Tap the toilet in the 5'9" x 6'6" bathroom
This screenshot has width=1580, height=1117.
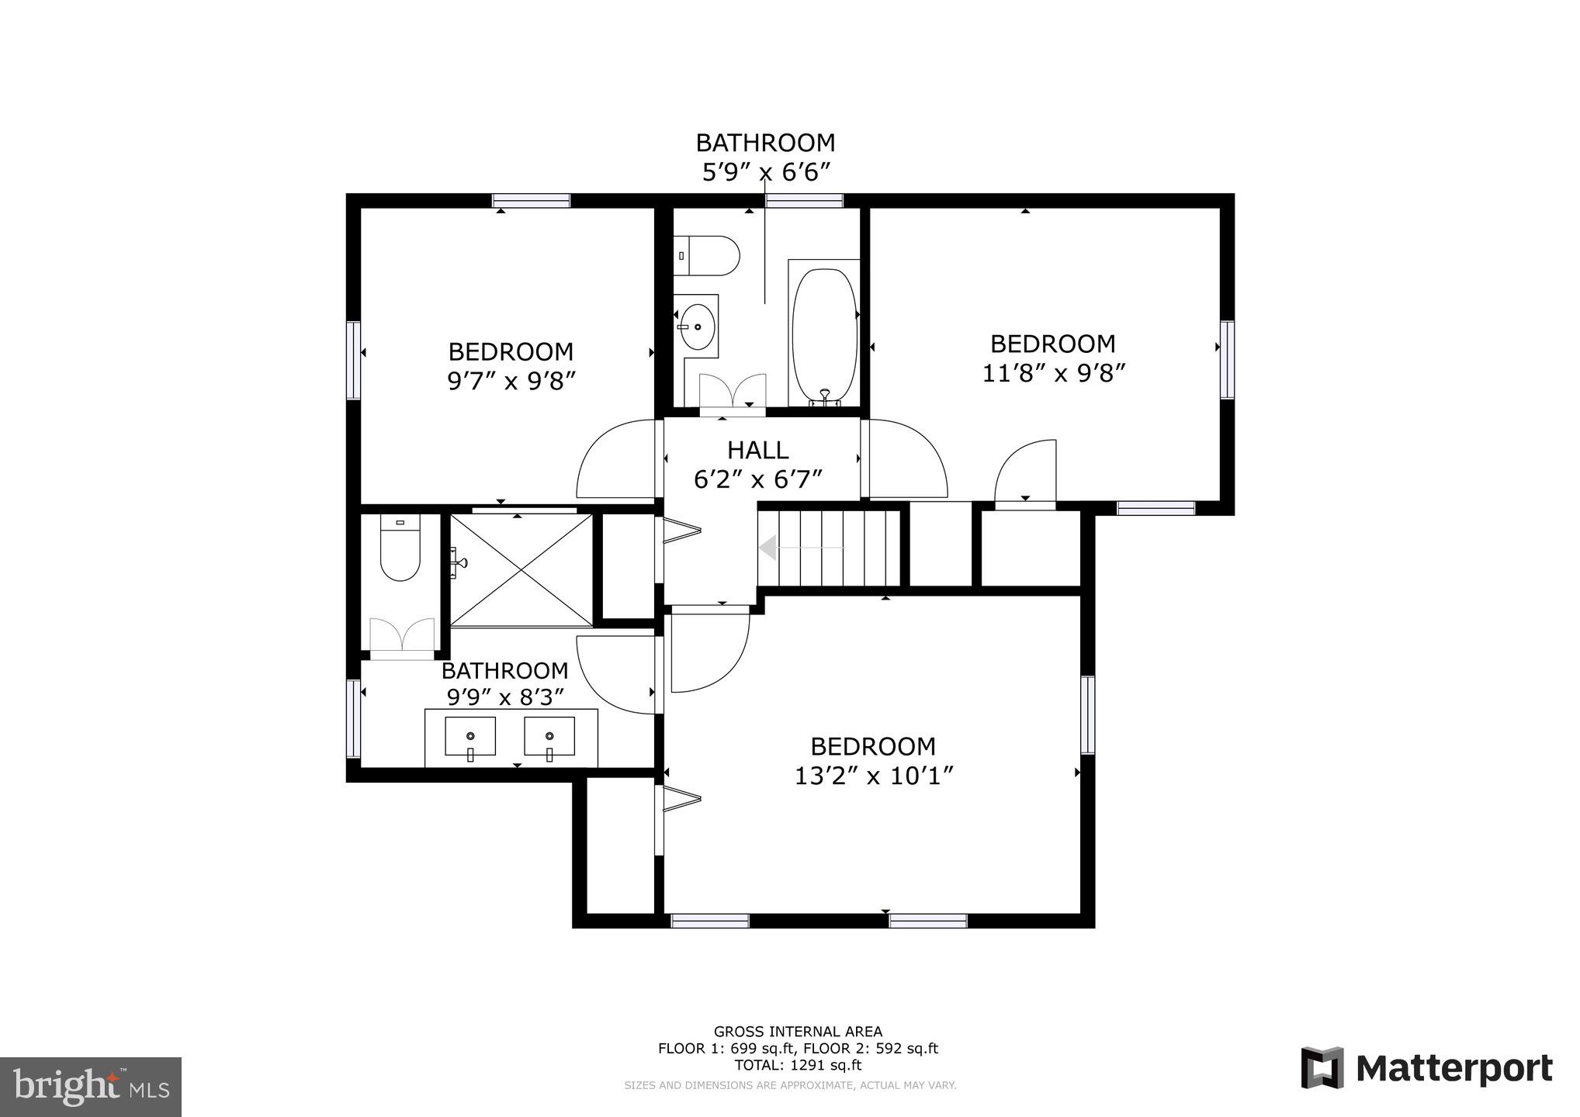point(708,255)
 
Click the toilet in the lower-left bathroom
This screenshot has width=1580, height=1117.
point(400,548)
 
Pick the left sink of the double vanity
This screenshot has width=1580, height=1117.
point(470,737)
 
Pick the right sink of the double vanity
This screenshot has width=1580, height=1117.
point(549,737)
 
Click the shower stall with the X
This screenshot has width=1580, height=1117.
point(521,570)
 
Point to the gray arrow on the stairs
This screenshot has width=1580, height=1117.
point(799,548)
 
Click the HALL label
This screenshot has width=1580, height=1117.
point(757,450)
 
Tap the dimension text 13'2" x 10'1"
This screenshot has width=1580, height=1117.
point(873,776)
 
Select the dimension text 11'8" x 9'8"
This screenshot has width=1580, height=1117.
point(1053,374)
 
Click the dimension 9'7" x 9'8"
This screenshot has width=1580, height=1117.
point(511,382)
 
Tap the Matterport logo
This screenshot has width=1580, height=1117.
point(1426,1068)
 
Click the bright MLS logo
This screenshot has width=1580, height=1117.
point(91,1087)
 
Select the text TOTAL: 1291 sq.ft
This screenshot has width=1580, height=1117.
point(798,1065)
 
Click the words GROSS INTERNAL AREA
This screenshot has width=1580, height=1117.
point(798,1032)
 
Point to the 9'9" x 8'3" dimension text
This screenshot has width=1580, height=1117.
point(504,697)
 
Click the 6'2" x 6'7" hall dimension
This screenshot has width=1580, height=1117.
point(757,479)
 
